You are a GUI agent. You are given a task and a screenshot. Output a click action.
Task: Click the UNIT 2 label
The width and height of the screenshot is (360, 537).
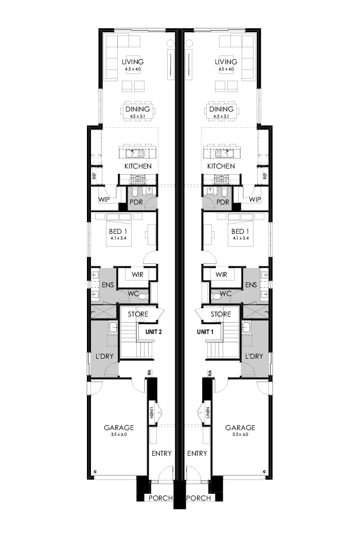(x=154, y=332)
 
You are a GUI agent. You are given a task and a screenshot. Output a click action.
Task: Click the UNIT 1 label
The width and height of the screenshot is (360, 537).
(x=206, y=332)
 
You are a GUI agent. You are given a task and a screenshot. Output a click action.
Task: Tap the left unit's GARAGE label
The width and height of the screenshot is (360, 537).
(x=119, y=428)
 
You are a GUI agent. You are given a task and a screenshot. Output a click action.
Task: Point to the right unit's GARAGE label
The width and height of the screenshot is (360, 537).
(x=240, y=428)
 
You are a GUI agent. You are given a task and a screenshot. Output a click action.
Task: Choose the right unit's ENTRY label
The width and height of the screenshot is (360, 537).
(x=197, y=453)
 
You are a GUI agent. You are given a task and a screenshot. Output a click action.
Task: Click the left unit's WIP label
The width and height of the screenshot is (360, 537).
(x=105, y=200)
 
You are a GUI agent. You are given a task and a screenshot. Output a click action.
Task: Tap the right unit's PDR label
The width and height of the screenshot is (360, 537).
(x=222, y=202)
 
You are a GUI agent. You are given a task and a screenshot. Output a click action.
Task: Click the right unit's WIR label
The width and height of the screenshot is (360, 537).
(x=222, y=275)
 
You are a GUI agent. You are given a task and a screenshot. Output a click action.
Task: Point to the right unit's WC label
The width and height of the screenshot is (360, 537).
(x=225, y=295)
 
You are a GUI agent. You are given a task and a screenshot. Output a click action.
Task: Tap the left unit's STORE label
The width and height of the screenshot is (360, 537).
(x=138, y=314)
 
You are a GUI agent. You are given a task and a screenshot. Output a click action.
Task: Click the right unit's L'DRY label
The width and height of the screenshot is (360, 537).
(x=254, y=356)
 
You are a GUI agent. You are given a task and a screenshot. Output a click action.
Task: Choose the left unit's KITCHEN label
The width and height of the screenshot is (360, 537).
(x=138, y=166)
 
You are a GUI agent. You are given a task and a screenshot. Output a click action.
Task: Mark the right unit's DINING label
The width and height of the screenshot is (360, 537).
(x=222, y=109)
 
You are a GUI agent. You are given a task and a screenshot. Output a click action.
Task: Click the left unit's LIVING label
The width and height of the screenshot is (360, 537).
(x=133, y=62)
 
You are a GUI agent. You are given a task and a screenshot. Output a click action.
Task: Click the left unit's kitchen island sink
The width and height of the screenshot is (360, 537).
(x=137, y=153)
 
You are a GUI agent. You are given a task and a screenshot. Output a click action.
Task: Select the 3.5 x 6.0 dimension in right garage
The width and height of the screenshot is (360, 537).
(x=240, y=435)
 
